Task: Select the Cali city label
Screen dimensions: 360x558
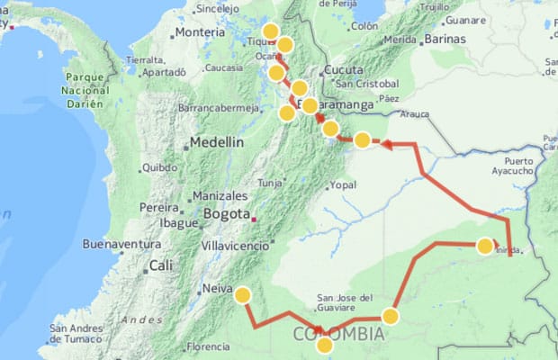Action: point(161,265)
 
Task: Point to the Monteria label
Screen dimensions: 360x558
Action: point(199,32)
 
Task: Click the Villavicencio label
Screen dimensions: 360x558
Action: point(235,245)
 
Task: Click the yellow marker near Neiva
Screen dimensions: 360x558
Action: point(242,294)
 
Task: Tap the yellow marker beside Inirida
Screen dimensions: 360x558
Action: point(485,246)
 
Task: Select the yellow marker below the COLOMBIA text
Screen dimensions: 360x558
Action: point(325,345)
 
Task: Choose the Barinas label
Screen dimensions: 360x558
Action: point(447,40)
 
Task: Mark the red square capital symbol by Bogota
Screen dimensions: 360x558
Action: point(255,217)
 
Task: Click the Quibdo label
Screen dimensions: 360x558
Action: point(159,166)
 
